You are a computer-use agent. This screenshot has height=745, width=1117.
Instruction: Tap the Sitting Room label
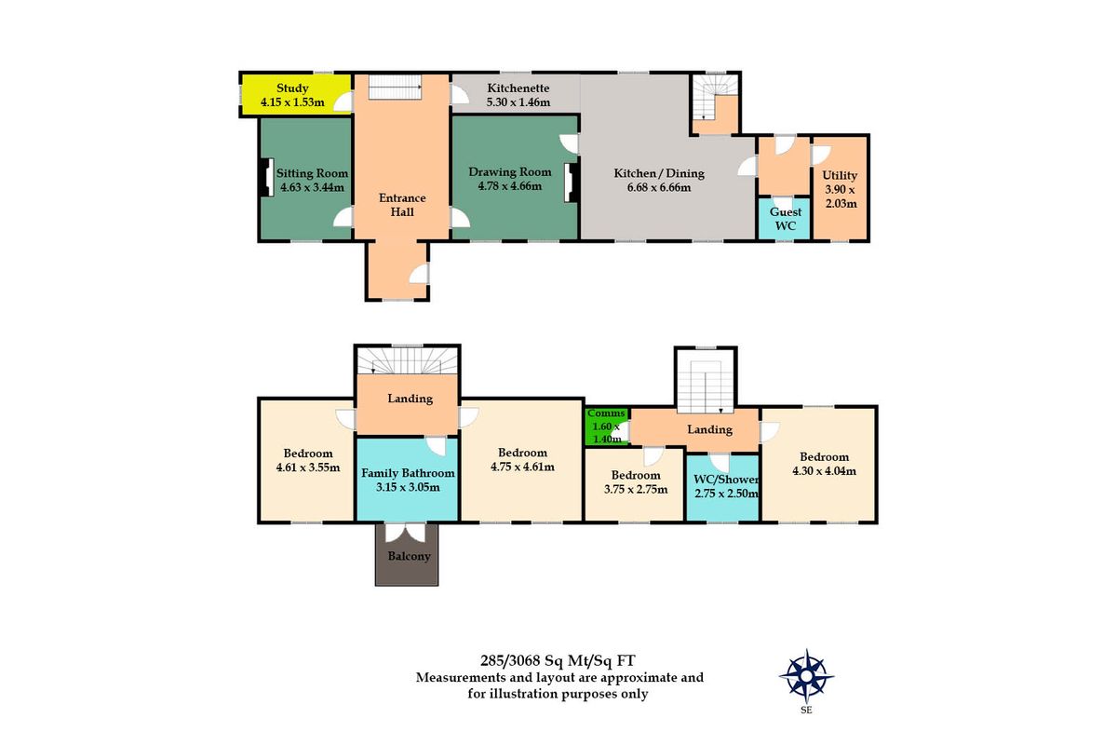[312, 173]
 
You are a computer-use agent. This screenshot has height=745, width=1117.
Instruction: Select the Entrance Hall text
[402, 205]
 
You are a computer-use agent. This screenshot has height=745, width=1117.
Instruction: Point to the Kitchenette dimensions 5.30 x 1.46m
[518, 102]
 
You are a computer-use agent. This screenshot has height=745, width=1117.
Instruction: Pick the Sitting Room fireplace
[266, 178]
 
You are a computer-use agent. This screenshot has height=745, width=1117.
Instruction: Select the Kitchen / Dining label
[659, 173]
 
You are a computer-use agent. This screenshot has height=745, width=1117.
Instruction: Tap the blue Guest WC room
[785, 220]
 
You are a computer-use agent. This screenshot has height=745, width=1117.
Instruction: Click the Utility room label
[840, 175]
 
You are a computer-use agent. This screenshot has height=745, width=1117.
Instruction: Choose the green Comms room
[606, 427]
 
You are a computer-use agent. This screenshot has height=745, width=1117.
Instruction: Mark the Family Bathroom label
[408, 473]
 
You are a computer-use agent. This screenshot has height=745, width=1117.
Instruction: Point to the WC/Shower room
[723, 486]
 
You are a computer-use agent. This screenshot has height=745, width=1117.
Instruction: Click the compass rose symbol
[805, 675]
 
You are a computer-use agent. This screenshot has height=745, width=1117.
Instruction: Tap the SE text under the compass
[805, 710]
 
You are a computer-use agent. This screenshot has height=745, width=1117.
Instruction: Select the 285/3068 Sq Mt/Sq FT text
[558, 661]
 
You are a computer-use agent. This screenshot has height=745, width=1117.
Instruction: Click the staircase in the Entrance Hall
[396, 88]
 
